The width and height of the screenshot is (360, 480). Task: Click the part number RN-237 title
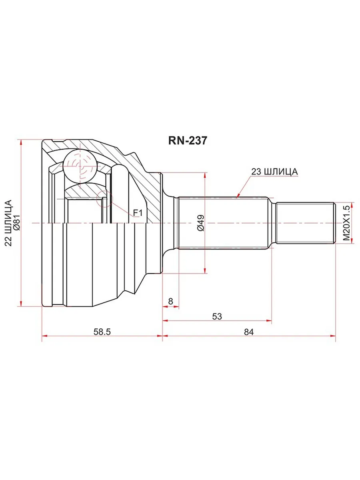pos(187,141)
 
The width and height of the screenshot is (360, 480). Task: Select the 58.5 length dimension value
pos(102,332)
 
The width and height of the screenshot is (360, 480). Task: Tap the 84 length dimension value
pos(249,332)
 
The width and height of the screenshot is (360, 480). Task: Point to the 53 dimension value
pos(217,316)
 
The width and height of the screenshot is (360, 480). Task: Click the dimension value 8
pos(170,301)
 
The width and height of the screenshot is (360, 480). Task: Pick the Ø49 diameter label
pos(200,223)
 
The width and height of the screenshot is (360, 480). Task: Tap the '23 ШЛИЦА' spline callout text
pos(274,172)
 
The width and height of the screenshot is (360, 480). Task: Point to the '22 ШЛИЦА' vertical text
pos(8,223)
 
